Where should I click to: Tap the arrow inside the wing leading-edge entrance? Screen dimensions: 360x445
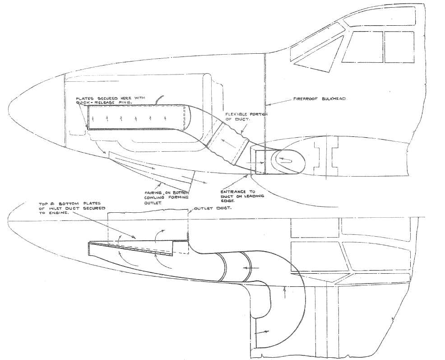(285, 159)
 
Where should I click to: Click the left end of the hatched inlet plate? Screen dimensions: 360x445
(90, 246)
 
